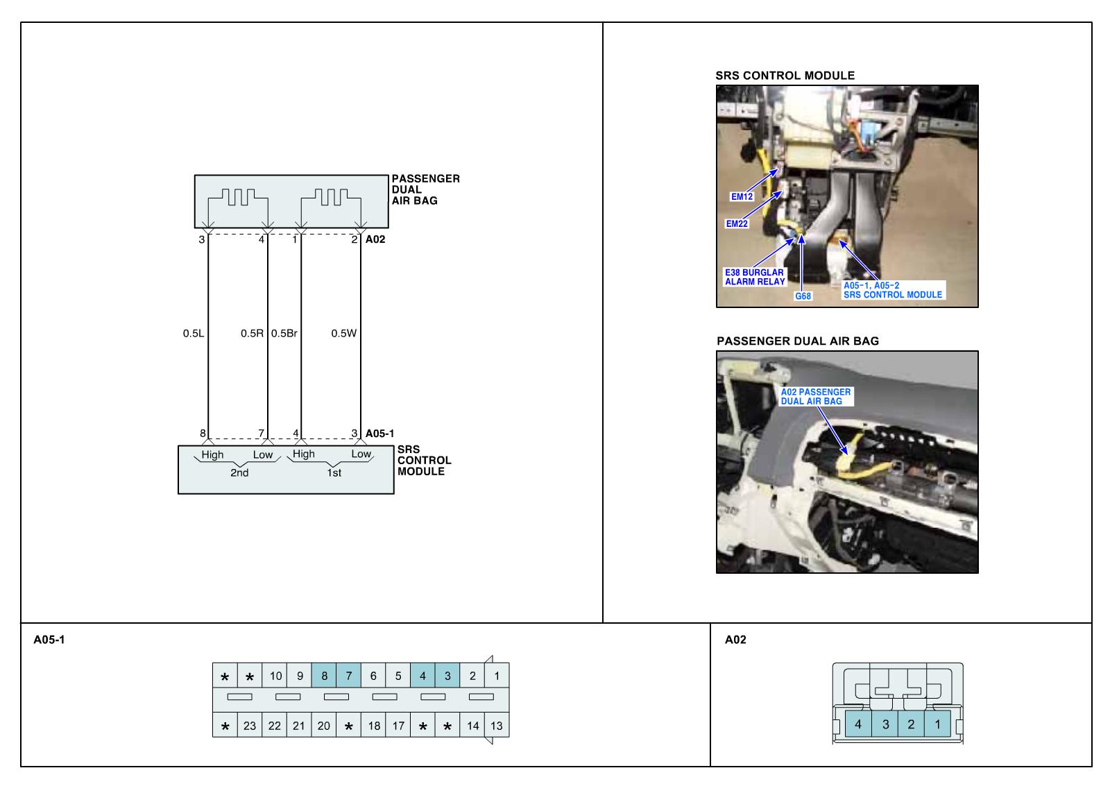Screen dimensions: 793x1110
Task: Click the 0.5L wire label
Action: pos(194,334)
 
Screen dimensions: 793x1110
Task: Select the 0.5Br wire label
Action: pos(284,334)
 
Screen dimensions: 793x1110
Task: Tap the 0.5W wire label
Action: pos(343,334)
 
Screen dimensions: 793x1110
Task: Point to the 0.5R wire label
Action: pos(252,334)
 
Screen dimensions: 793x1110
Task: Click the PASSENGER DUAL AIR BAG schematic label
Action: pos(425,189)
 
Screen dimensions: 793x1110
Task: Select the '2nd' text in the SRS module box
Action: pos(239,473)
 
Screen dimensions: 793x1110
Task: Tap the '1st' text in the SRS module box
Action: pos(334,473)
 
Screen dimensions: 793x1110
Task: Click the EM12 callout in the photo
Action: pos(742,196)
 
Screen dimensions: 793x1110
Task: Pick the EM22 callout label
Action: pos(737,224)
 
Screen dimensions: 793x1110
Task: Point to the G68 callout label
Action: pos(803,296)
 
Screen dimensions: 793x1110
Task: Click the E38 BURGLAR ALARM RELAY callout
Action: pos(755,277)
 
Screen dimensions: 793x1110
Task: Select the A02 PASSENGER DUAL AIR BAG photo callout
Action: pos(815,397)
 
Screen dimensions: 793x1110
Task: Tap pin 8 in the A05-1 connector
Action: pos(324,676)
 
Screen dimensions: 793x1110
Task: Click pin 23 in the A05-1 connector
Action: pos(250,726)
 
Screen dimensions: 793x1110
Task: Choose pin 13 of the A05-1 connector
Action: pos(496,726)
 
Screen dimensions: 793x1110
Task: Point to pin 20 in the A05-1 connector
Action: pos(324,726)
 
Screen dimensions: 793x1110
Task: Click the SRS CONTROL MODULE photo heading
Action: pos(785,76)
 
